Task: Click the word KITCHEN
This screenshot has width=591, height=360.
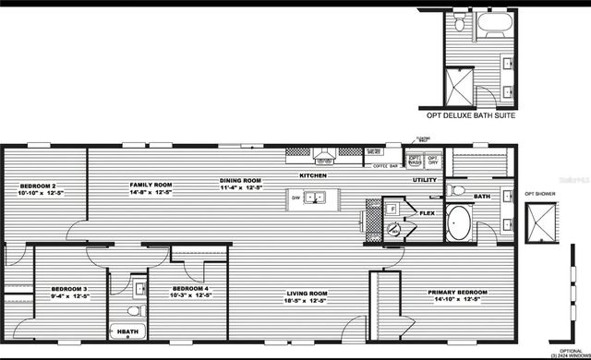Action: [314, 174]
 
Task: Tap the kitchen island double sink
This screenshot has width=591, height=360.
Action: [317, 198]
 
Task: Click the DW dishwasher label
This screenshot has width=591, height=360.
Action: [296, 198]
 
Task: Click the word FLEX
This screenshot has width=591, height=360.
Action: [427, 212]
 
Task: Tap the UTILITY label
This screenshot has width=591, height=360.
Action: [425, 180]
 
